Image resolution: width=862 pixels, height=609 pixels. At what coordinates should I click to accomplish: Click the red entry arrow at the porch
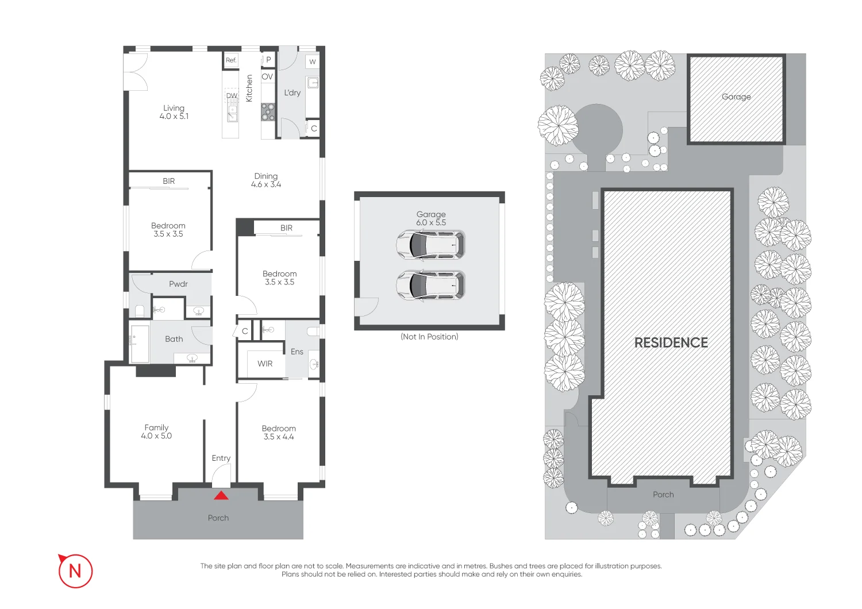pos(221,495)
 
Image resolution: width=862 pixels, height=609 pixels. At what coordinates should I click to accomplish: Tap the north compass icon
pos(75,571)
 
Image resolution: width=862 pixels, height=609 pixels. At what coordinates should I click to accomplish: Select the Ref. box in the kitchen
pos(231,60)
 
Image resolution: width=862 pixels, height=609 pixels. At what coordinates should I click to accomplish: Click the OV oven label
pos(267,76)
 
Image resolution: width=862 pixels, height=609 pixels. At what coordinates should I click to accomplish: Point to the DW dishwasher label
pos(232,95)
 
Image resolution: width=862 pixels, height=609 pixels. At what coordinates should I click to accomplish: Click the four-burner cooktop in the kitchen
pos(268,111)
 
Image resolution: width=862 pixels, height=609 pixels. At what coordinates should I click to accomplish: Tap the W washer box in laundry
pos(313,61)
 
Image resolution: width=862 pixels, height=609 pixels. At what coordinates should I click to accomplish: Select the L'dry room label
pos(293,92)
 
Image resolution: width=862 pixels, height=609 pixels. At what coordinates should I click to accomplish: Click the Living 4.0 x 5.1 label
pos(174,112)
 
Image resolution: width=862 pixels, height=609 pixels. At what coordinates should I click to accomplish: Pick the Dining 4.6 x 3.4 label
pos(266,180)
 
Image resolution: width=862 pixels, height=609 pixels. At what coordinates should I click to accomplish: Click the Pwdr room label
pos(178,284)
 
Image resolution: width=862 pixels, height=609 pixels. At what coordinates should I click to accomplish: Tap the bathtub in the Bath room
pos(140,344)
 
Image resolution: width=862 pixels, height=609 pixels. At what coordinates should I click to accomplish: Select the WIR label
pos(265,364)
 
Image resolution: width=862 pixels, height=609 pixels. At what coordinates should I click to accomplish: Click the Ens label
pos(297,352)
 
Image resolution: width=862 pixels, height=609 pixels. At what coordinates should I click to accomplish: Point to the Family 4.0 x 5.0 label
pos(156,431)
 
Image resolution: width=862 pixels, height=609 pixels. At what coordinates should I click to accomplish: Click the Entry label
pos(221,458)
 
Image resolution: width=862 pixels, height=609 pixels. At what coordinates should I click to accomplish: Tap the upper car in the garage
pos(430,245)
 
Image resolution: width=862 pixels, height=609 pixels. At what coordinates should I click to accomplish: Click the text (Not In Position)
pos(429,337)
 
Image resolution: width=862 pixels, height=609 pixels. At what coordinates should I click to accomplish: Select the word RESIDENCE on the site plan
pos(671,343)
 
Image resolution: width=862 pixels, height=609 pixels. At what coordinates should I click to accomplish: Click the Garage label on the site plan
pos(736,97)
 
